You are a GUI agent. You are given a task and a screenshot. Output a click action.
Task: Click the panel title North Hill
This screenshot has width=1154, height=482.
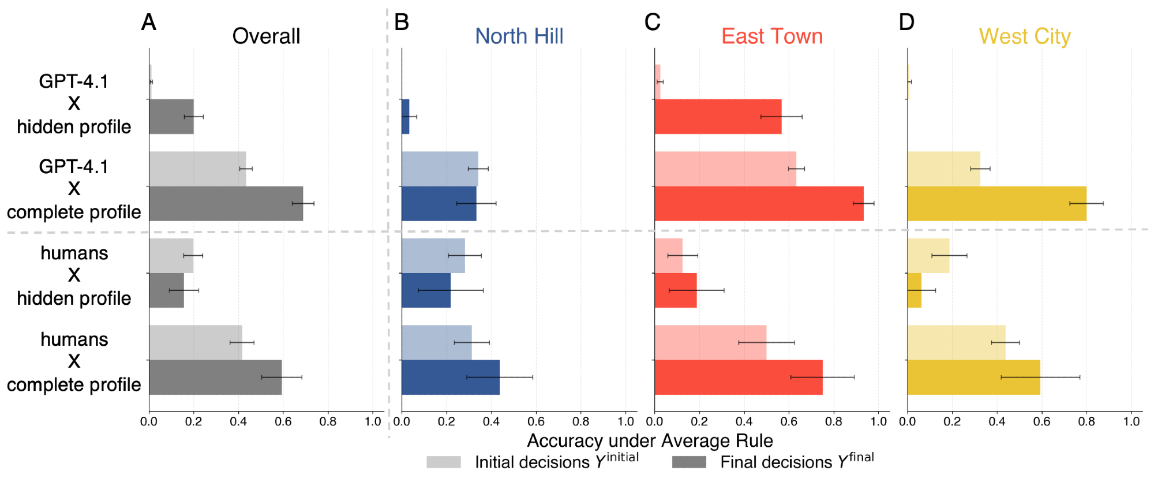coord(519,36)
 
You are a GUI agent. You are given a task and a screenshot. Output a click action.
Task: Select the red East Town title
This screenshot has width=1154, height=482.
coord(771,36)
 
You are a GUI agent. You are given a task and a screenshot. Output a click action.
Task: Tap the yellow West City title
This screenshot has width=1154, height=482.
coord(1024,36)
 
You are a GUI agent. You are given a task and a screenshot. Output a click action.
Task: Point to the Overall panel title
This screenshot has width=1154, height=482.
coord(266,36)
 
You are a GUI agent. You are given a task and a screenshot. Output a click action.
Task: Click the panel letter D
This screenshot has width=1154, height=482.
coord(906,23)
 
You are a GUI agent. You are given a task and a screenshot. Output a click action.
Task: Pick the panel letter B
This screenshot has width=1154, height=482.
coord(401,23)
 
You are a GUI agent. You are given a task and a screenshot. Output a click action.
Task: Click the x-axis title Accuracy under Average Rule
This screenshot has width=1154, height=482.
coord(650,441)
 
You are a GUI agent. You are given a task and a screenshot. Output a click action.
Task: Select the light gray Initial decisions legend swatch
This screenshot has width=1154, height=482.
coord(444,462)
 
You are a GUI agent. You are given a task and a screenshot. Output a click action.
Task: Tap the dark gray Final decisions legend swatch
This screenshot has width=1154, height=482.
coord(689,462)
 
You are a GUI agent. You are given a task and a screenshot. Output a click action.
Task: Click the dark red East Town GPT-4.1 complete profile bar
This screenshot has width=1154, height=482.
coord(759,204)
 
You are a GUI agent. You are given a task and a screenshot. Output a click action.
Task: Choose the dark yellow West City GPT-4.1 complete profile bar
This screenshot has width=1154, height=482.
coord(996,204)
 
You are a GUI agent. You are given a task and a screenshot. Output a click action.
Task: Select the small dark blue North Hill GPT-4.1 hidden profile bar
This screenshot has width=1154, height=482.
coord(406,117)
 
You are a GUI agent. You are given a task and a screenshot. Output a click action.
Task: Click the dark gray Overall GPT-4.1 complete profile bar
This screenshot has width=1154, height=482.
coord(226,204)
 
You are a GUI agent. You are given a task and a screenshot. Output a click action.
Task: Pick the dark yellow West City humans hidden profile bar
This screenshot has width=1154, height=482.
coord(914,290)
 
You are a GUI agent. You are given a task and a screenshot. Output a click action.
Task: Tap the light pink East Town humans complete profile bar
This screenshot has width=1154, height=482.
coord(710,342)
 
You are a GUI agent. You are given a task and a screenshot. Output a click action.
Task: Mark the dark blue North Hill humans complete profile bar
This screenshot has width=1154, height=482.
coord(450,378)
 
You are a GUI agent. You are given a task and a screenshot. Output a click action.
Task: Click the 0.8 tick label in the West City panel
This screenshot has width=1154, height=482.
coord(1086,422)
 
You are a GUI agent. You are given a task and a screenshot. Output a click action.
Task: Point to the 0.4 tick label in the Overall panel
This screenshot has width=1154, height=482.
coord(238,422)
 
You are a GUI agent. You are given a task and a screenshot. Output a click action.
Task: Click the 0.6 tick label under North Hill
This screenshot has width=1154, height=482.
coord(536,422)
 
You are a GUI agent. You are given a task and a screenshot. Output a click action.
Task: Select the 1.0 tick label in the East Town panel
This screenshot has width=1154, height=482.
coord(878,422)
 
